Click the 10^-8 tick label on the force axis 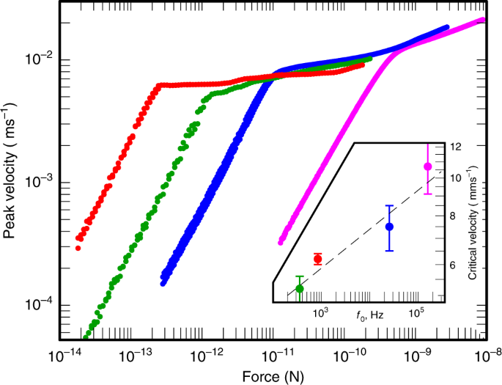click(486, 355)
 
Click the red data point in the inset click(317, 259)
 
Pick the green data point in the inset click(299, 288)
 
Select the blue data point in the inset click(390, 227)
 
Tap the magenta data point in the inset click(428, 166)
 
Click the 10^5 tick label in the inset click(416, 313)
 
